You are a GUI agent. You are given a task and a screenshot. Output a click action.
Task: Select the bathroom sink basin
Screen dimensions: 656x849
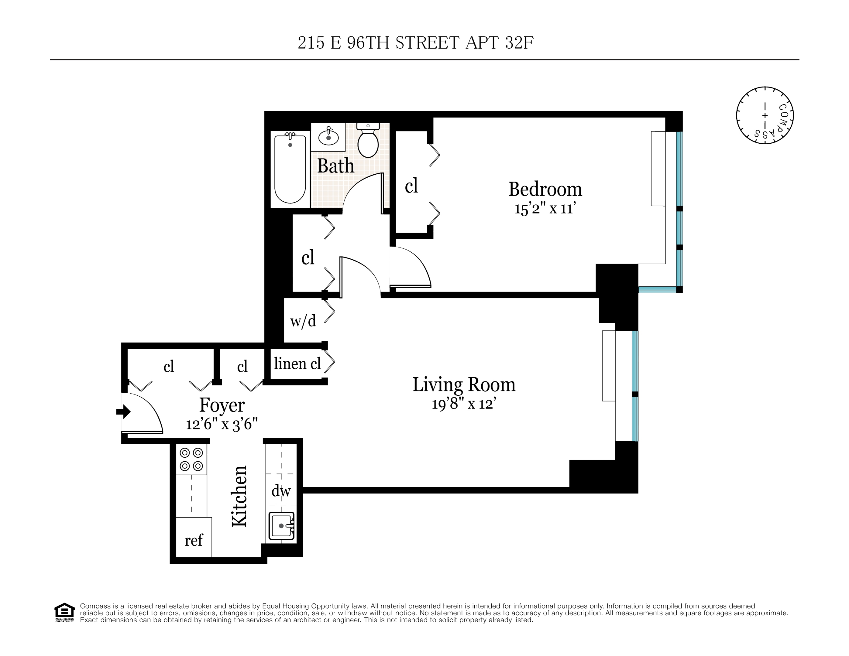click(328, 138)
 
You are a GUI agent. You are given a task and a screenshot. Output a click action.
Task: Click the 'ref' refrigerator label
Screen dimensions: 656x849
click(194, 540)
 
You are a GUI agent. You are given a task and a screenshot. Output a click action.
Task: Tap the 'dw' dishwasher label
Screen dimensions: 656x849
click(281, 491)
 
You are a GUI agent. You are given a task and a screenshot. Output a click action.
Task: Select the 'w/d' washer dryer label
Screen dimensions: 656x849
click(303, 321)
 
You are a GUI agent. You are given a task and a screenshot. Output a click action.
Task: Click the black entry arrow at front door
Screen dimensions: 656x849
click(123, 412)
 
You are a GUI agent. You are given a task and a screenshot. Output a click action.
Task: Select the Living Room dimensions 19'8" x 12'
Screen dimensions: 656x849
click(464, 404)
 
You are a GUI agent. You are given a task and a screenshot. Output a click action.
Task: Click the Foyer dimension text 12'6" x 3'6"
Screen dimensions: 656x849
click(222, 424)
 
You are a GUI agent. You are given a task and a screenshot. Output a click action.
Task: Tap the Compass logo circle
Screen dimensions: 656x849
click(764, 115)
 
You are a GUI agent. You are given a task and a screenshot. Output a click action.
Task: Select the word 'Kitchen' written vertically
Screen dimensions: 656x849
click(239, 496)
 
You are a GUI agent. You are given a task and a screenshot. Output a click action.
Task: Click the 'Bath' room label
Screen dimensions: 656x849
click(335, 166)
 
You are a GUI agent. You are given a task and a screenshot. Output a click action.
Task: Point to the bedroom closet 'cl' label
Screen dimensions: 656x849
click(411, 186)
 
